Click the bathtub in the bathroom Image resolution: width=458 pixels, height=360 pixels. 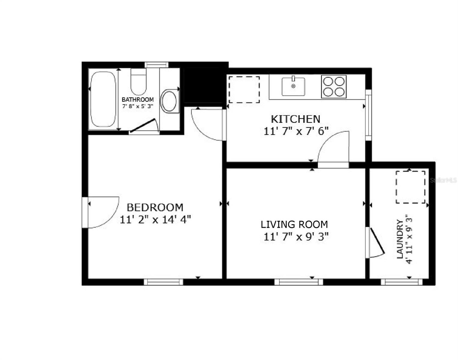(x=103, y=99)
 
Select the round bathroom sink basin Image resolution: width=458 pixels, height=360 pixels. (x=169, y=101)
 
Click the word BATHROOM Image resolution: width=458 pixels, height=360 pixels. (x=138, y=100)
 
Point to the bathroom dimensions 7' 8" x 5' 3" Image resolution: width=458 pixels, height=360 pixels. (x=138, y=106)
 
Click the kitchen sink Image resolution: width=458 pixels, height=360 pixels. (x=293, y=86)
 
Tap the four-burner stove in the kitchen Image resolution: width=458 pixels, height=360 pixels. (x=334, y=86)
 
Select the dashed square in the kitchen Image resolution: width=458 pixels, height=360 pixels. (x=244, y=89)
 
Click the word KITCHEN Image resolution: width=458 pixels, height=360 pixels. (x=296, y=119)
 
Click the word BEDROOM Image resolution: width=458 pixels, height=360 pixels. (x=155, y=207)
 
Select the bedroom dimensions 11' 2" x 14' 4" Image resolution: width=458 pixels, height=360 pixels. (x=155, y=220)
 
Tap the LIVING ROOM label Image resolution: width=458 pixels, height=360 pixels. (x=294, y=224)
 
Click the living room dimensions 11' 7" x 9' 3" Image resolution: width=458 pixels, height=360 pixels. (x=296, y=237)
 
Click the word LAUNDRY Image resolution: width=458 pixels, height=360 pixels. (x=400, y=239)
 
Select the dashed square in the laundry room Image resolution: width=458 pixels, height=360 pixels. (x=410, y=187)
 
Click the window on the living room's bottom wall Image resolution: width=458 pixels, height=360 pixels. (x=299, y=282)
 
